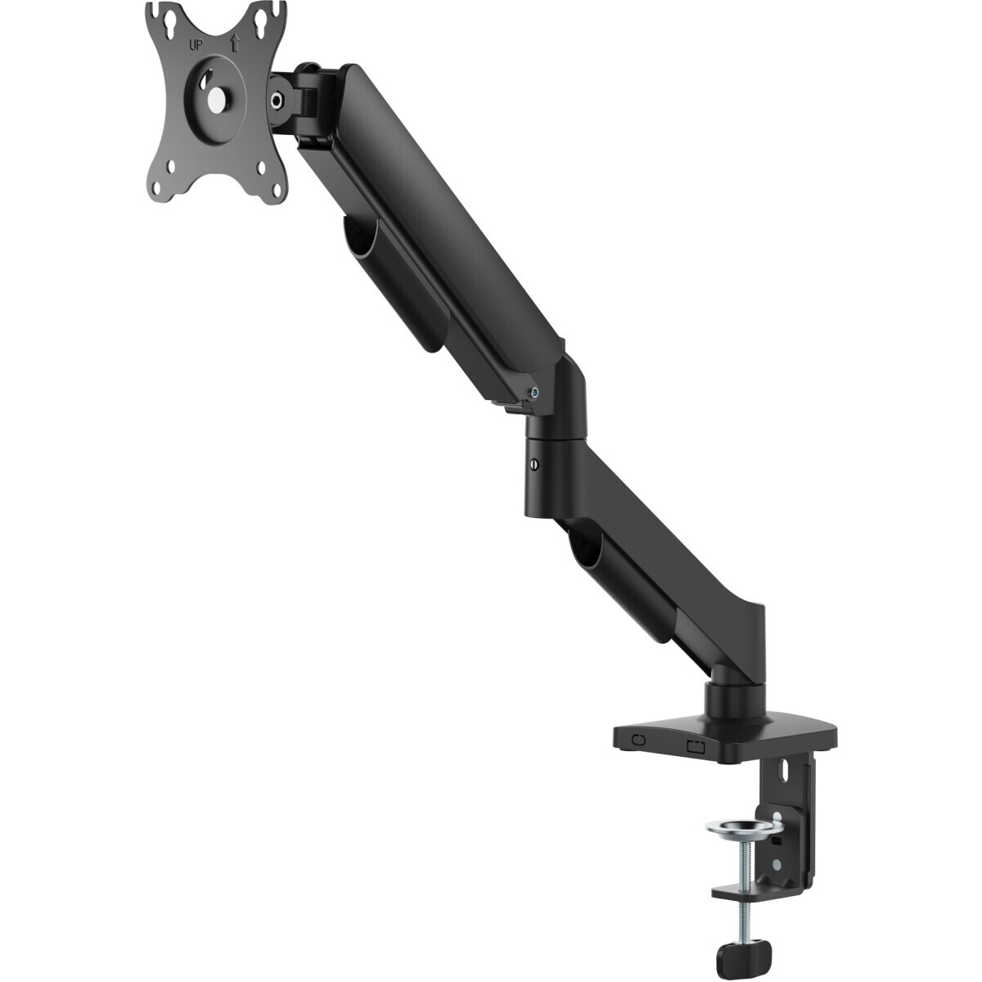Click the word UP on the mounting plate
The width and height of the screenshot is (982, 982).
pyautogui.click(x=198, y=45)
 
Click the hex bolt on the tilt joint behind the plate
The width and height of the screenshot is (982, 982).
pyautogui.click(x=277, y=101)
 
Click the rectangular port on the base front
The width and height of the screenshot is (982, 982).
pyautogui.click(x=695, y=746)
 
